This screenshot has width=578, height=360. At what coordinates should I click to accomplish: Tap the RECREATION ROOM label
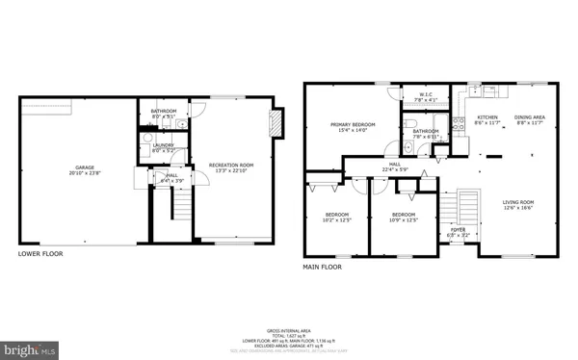230,167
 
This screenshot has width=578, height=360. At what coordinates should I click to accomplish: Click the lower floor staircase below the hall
179,204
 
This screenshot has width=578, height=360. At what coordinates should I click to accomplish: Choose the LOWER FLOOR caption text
40,253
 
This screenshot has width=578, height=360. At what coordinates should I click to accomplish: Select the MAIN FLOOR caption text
325,266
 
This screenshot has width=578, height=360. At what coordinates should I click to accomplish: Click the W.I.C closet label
425,95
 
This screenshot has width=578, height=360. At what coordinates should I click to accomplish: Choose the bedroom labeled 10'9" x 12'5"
403,217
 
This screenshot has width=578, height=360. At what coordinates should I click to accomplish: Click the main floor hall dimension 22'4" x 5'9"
395,170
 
